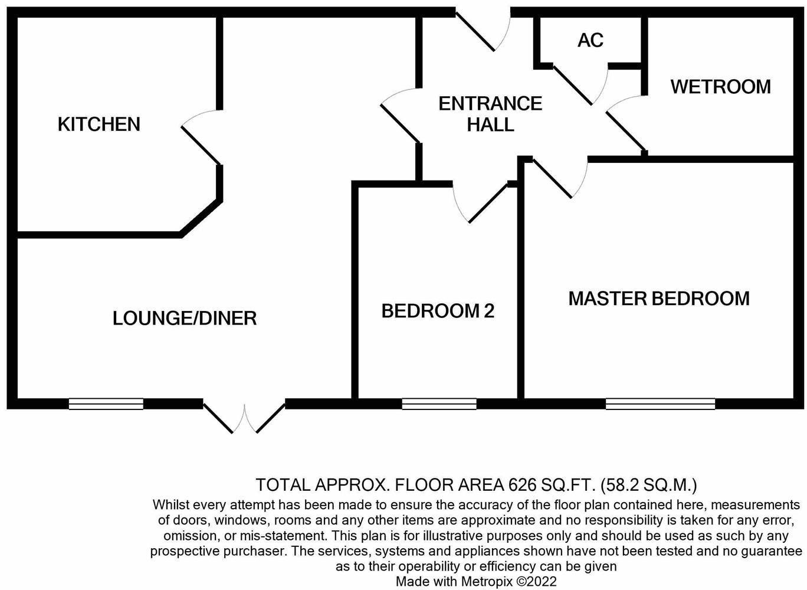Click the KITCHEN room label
pyautogui.click(x=99, y=124)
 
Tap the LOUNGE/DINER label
pyautogui.click(x=185, y=319)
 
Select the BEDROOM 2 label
pyautogui.click(x=438, y=311)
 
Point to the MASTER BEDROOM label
pyautogui.click(x=659, y=299)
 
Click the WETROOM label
pyautogui.click(x=720, y=87)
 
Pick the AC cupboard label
pyautogui.click(x=591, y=40)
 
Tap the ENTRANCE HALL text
pyautogui.click(x=490, y=114)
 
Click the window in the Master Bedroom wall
pyautogui.click(x=660, y=404)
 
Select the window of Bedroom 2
pyautogui.click(x=439, y=404)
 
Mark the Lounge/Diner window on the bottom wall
pyautogui.click(x=106, y=404)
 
